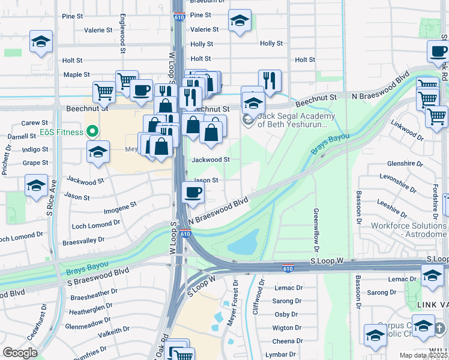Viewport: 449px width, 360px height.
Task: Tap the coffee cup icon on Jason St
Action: [x=193, y=192]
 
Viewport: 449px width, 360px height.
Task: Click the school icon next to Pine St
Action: [x=240, y=22]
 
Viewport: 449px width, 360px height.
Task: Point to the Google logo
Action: [x=20, y=352]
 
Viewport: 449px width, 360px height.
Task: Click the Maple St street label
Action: [x=76, y=75]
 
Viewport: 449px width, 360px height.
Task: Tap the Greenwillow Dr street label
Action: [x=315, y=230]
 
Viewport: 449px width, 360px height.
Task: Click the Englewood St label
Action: [x=122, y=34]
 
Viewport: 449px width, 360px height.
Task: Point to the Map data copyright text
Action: [x=423, y=355]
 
